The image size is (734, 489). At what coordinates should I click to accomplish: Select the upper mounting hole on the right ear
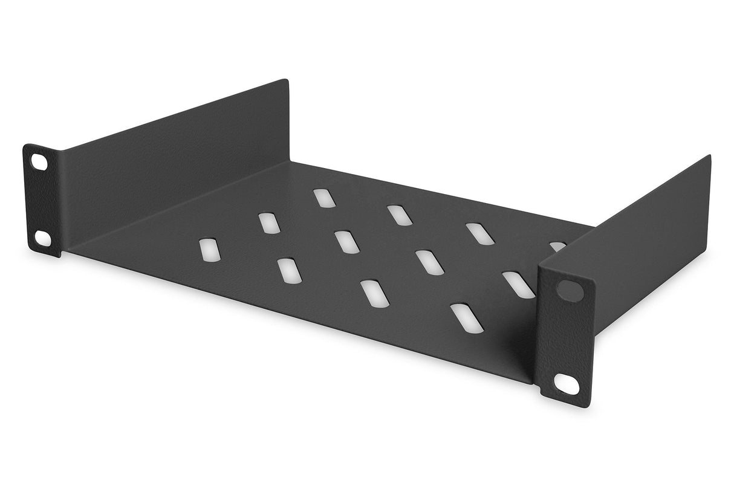pyautogui.click(x=568, y=290)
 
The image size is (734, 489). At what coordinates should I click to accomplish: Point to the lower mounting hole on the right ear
pyautogui.click(x=564, y=382)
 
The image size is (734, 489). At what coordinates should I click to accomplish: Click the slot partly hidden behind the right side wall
pyautogui.click(x=557, y=246)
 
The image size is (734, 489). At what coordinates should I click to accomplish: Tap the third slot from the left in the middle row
pyautogui.click(x=427, y=261)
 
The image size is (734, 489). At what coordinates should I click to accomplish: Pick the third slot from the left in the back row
pyautogui.click(x=478, y=233)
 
